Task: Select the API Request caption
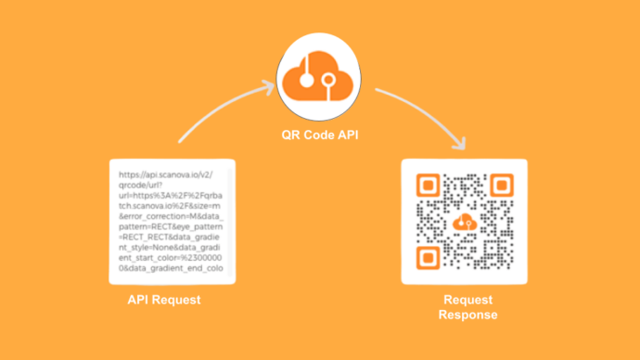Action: pos(164,301)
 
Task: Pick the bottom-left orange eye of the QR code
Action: pos(427,257)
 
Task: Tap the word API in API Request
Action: pos(138,301)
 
